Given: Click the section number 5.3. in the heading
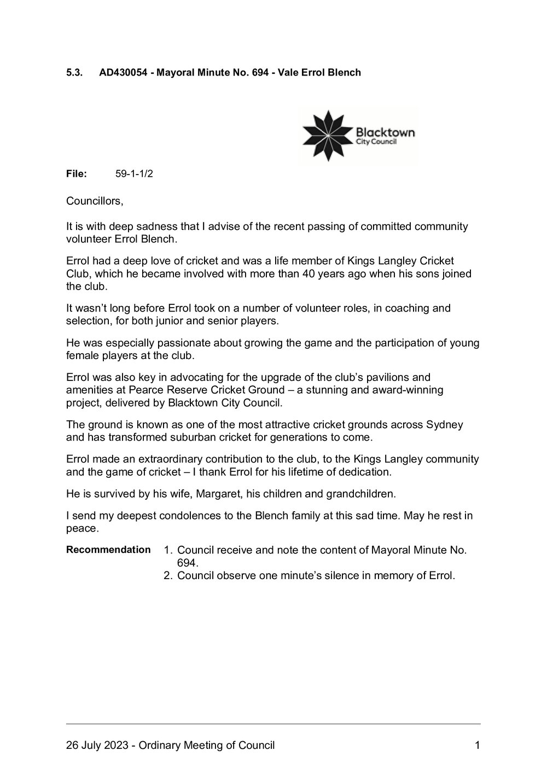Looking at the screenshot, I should [x=74, y=72].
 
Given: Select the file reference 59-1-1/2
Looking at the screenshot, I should [x=131, y=174].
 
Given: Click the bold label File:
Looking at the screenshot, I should [x=77, y=174].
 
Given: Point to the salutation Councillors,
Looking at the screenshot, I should [x=95, y=201].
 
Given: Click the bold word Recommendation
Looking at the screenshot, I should [x=108, y=550].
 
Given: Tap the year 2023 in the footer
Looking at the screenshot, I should [x=119, y=745].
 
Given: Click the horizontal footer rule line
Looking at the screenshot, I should [x=273, y=724].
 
